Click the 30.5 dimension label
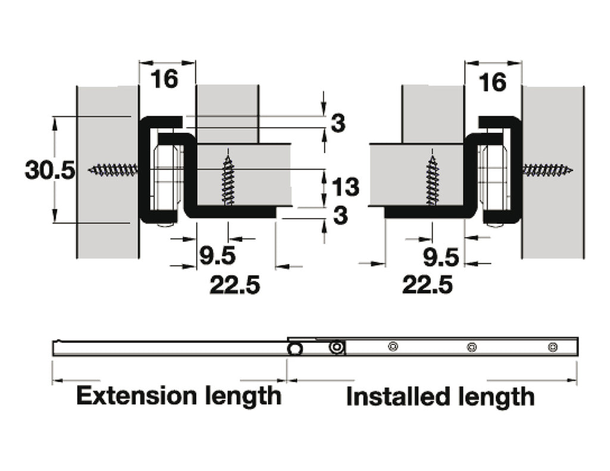coord(50,171)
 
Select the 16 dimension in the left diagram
coord(164,79)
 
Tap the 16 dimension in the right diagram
coord(492,82)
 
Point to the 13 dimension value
coord(346,187)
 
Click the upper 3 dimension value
coord(338,124)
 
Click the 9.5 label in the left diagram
coord(217,257)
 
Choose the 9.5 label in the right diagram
coord(441,258)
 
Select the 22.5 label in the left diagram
coord(235,285)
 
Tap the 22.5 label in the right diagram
coord(427,285)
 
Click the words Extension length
coord(179,395)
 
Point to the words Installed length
coord(440,396)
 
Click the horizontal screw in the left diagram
coord(113,171)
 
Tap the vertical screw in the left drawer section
coord(228,179)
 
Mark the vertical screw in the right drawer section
coord(432,179)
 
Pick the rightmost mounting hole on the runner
coord(552,347)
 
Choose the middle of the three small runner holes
coord(471,347)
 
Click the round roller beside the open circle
coord(338,347)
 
